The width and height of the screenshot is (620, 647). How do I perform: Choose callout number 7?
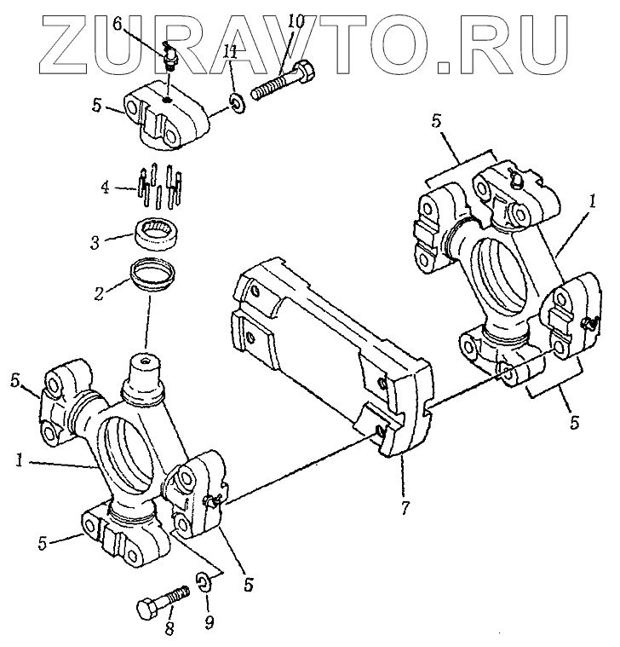click(x=405, y=510)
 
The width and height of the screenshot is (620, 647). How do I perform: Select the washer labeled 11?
click(x=237, y=107)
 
